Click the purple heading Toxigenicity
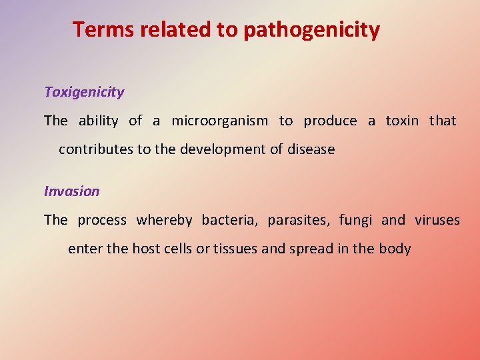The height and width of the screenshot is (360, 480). (x=84, y=93)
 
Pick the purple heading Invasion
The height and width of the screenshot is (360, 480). (x=71, y=191)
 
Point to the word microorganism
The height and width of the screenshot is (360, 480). (x=219, y=121)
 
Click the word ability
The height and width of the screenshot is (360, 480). (x=98, y=121)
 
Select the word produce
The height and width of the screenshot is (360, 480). (x=330, y=121)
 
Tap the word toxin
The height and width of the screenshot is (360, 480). (x=402, y=121)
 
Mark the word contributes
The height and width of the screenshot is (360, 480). (x=96, y=150)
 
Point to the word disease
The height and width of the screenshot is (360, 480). (x=311, y=150)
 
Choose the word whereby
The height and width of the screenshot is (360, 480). (x=164, y=220)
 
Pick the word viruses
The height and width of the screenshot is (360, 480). (x=437, y=220)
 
